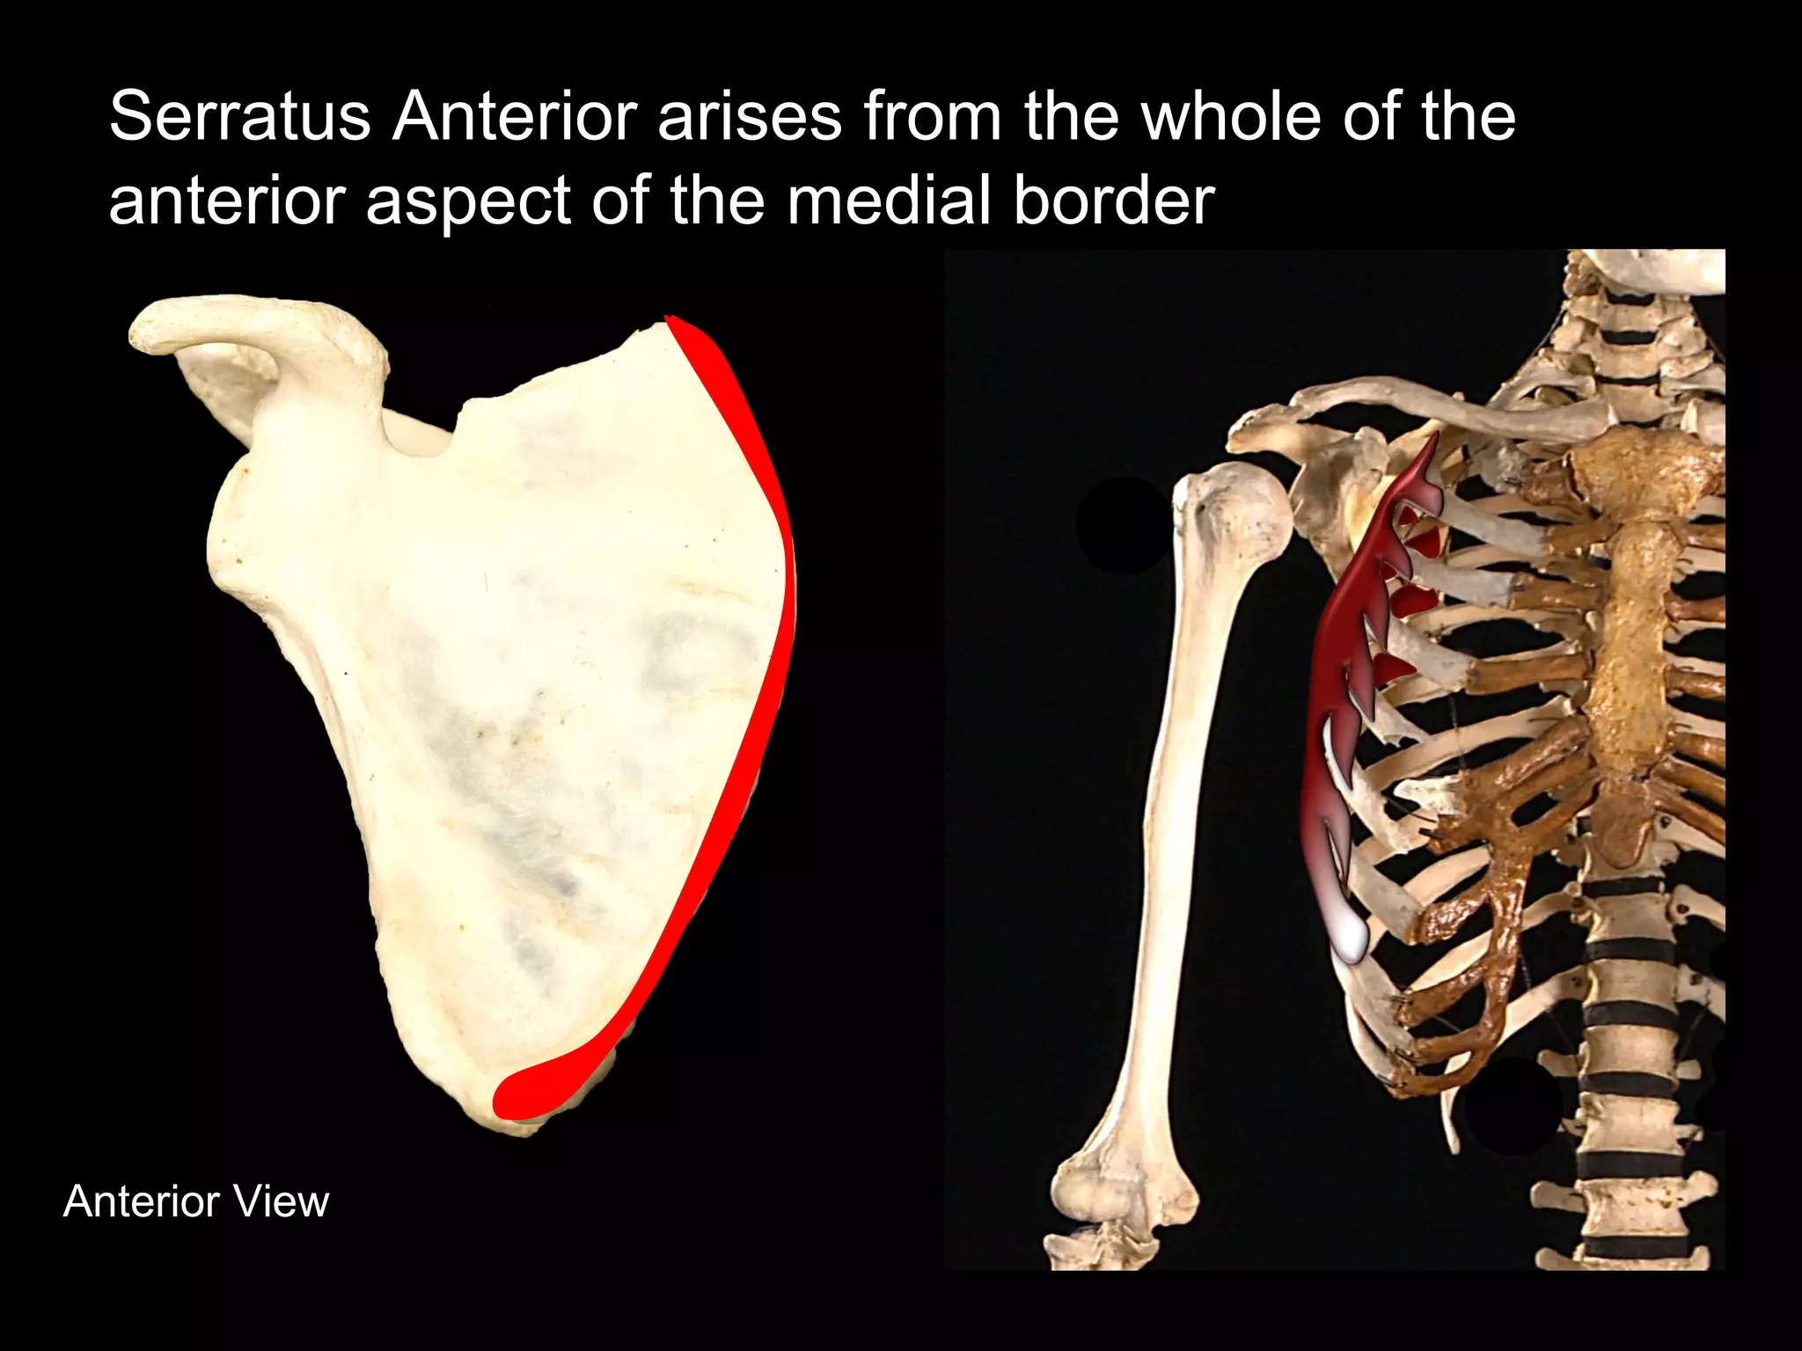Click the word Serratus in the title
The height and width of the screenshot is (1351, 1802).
pos(239,117)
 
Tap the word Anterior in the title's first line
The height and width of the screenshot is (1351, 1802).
pos(515,117)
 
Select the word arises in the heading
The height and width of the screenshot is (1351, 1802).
pos(750,117)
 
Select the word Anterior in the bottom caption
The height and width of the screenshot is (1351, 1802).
pos(141,1201)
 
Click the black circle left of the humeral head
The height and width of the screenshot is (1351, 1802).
pos(1122,526)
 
